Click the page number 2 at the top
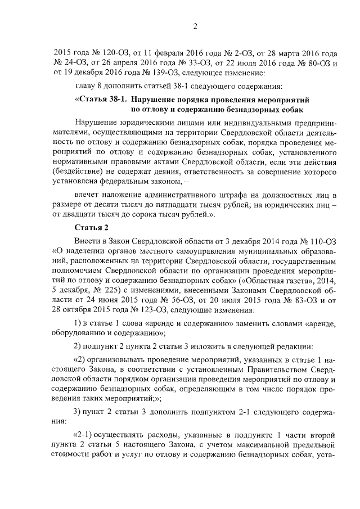tap(195, 26)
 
